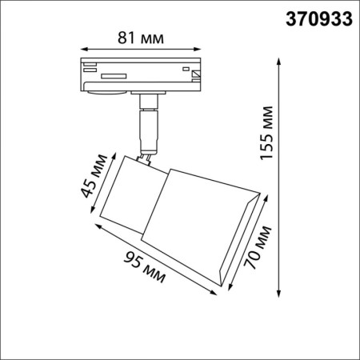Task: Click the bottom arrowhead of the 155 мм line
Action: point(278,292)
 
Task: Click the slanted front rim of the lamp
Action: point(240,240)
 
